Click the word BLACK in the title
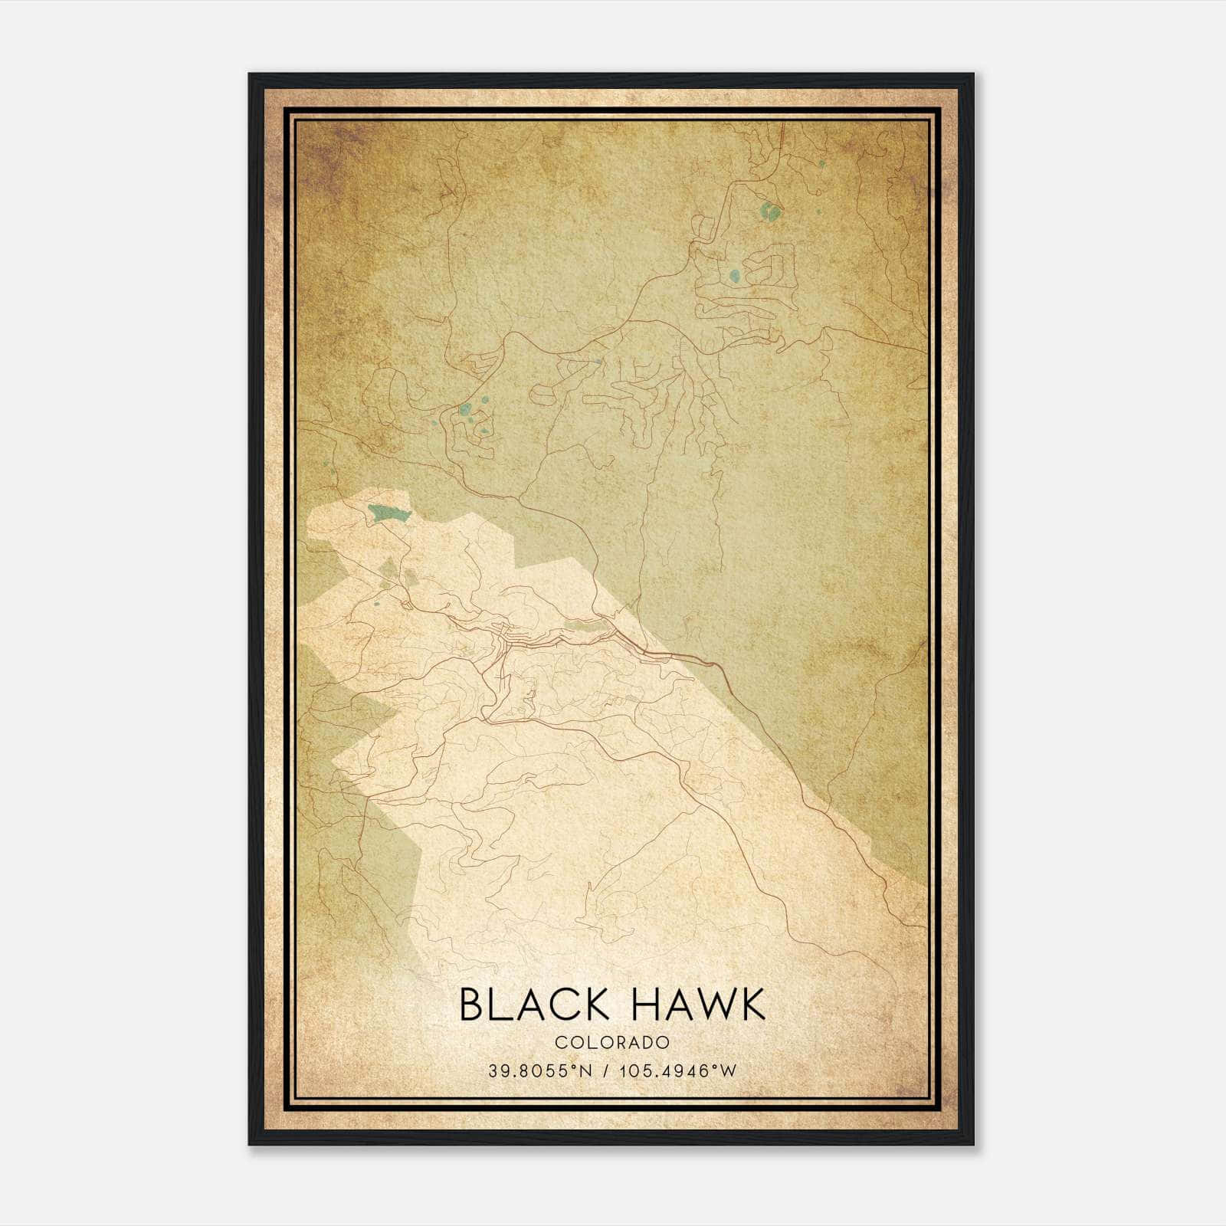pos(533,1005)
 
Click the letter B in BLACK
pos(472,1005)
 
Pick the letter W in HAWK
pos(706,1005)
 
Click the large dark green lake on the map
pos(388,513)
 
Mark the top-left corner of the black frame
pos(250,74)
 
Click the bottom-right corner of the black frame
pos(973,1145)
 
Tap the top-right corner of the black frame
pos(973,74)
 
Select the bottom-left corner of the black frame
pos(250,1145)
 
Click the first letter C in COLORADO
pos(560,1042)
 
